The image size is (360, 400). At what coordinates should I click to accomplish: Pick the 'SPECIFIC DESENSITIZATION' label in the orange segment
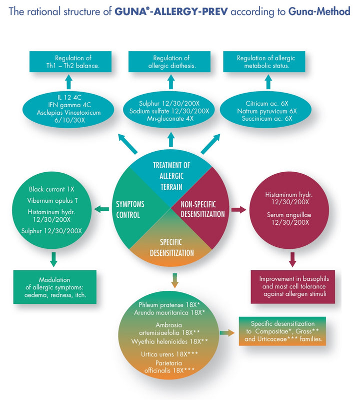[x=171, y=247]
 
